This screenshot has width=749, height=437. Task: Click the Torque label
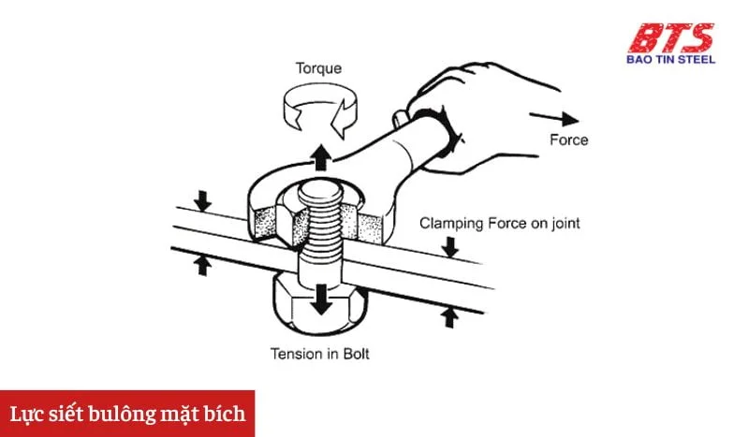click(x=320, y=68)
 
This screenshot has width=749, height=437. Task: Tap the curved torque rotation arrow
click(x=319, y=108)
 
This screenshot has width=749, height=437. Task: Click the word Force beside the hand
click(x=568, y=139)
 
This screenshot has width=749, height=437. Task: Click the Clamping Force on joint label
click(x=500, y=223)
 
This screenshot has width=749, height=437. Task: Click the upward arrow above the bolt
click(x=320, y=156)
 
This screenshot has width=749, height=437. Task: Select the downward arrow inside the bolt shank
click(x=322, y=299)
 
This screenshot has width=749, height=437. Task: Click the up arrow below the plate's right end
click(x=449, y=316)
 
